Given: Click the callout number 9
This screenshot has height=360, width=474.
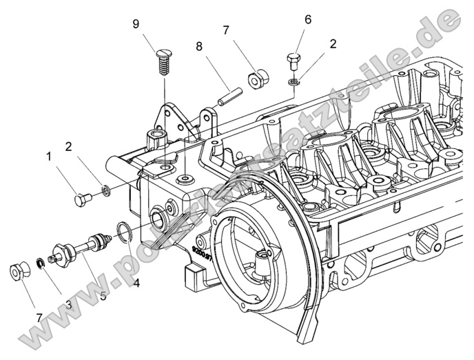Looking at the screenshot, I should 136,23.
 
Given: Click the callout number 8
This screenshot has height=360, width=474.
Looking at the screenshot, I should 199,47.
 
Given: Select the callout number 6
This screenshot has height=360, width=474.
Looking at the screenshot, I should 307,19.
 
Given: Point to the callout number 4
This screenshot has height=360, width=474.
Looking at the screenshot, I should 136,283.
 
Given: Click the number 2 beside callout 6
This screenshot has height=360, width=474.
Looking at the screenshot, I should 333,43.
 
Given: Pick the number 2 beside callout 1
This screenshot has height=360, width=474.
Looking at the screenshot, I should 68,146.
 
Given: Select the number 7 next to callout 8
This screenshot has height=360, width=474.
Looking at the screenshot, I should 225,30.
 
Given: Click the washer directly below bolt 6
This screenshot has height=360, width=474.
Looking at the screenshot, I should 293,82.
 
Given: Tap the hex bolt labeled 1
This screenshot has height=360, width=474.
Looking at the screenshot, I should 82,199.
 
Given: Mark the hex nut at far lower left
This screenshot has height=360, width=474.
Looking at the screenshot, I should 17,272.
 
